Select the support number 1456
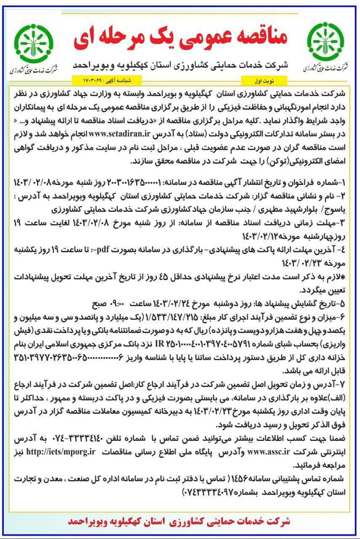[x=238, y=480]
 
